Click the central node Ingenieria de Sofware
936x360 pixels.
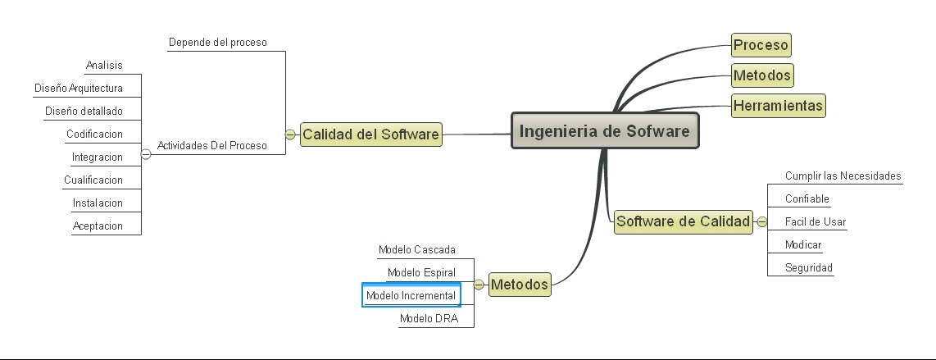tap(605, 131)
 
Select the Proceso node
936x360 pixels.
tap(761, 45)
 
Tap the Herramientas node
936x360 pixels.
tap(778, 106)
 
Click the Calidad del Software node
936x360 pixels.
tap(370, 134)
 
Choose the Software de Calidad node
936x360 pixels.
tap(683, 221)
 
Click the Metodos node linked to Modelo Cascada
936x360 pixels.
tap(520, 285)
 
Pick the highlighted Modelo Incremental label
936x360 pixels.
tap(411, 295)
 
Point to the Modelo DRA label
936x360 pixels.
tap(429, 318)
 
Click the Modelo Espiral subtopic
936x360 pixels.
tap(421, 272)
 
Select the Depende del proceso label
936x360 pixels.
tap(217, 42)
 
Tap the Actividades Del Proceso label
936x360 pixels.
tap(211, 145)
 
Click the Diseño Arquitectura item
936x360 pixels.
tap(79, 88)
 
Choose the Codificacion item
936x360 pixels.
tap(94, 134)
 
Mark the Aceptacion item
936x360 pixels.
tap(98, 226)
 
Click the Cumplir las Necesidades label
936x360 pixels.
tap(843, 175)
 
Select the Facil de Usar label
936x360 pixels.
tap(815, 221)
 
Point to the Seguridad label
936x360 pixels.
tap(808, 267)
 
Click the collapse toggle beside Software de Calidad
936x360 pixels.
tap(761, 221)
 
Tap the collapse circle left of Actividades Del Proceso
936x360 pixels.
tap(146, 153)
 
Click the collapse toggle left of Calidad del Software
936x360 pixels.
tap(290, 134)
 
